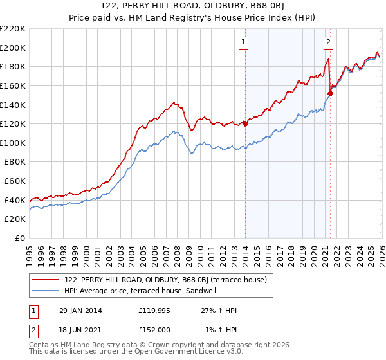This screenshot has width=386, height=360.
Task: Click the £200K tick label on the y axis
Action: (x=13, y=48)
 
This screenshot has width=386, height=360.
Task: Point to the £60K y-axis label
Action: (x=15, y=181)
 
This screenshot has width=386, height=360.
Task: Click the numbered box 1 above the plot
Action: (x=245, y=43)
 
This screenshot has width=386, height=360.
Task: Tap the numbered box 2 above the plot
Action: (x=329, y=43)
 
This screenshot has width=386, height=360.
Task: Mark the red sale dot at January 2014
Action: (x=245, y=124)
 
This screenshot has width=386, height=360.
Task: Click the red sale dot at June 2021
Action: (x=329, y=93)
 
